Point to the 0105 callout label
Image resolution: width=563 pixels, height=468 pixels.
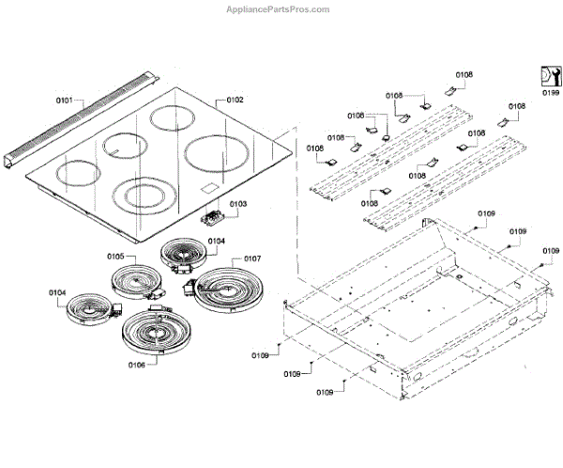(x=115, y=256)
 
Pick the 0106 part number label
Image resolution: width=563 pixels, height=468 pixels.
(x=134, y=364)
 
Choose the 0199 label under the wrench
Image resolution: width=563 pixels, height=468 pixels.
(x=550, y=94)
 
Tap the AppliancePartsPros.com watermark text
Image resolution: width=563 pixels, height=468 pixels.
(x=279, y=9)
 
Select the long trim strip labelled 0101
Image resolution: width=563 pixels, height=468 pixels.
(x=84, y=127)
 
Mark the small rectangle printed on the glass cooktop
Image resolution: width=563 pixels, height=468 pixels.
(x=207, y=192)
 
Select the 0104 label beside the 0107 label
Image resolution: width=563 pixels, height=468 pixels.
(x=216, y=241)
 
